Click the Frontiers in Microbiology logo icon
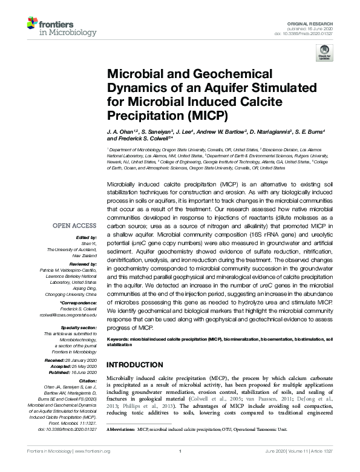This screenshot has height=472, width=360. pyautogui.click(x=34, y=24)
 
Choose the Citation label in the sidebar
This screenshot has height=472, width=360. pyautogui.click(x=87, y=381)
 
